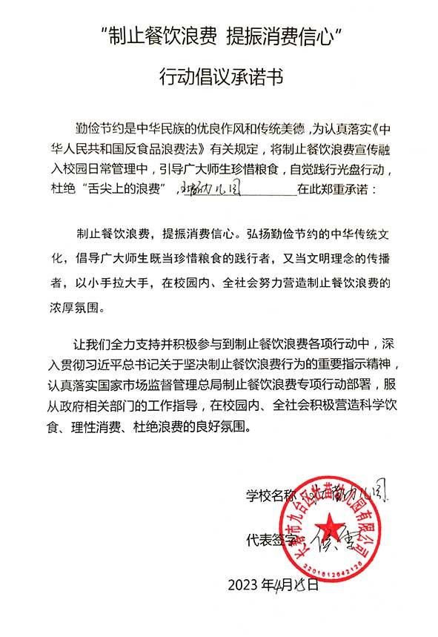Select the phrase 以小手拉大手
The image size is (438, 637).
click(x=108, y=282)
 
